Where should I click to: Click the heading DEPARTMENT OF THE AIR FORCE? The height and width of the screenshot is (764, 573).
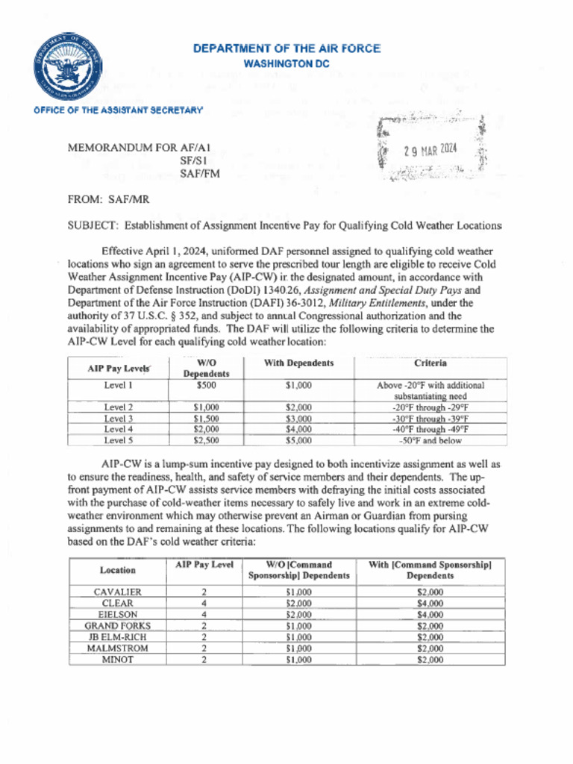(286, 49)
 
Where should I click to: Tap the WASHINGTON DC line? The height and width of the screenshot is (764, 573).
(286, 64)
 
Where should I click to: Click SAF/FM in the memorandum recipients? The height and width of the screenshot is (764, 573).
(195, 173)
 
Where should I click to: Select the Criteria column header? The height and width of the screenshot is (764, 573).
(430, 363)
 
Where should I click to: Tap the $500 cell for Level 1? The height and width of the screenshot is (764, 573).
(207, 386)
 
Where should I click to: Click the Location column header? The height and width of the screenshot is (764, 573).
(118, 570)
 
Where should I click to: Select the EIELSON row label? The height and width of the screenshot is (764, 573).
(118, 615)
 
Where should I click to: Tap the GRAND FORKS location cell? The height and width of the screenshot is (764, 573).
(118, 626)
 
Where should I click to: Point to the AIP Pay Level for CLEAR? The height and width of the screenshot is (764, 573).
(204, 603)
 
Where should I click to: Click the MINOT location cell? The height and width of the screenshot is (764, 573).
(118, 660)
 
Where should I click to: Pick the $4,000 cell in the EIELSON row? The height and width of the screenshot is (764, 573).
(430, 615)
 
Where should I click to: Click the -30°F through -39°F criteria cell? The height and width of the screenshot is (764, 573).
(430, 419)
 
